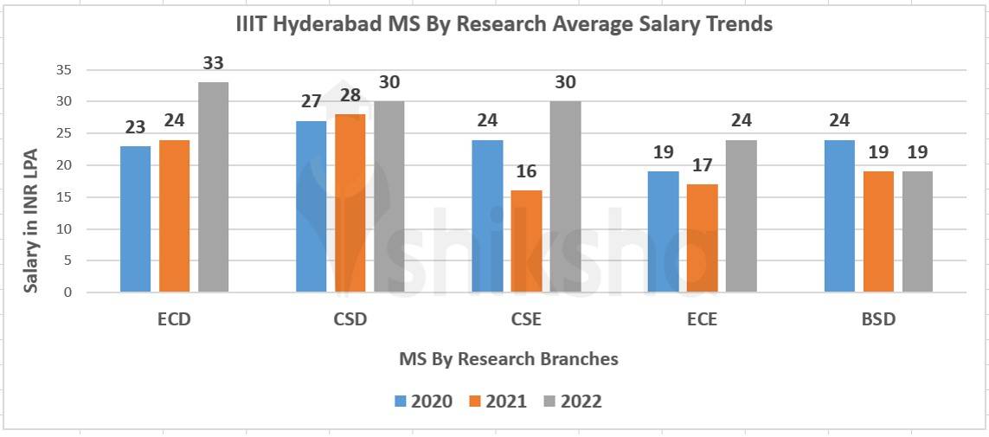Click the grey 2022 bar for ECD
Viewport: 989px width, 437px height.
pos(213,187)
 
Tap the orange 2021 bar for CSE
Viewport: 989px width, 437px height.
pos(526,241)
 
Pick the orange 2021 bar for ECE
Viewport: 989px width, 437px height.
pos(702,238)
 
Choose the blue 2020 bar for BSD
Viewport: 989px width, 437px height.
pos(839,215)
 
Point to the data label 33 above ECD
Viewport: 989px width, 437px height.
pos(213,63)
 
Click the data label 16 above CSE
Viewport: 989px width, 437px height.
pos(526,171)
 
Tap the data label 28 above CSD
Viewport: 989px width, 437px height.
pos(350,95)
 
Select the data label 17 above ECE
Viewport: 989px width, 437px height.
pos(702,165)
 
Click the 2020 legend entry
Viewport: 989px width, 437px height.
pos(424,401)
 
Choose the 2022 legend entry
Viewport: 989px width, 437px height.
pos(572,401)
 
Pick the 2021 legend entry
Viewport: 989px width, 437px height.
pos(498,401)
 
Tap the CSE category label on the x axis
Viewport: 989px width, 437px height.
pos(526,318)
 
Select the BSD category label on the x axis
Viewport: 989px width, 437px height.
pos(878,318)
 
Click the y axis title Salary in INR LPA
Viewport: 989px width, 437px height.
pos(31,219)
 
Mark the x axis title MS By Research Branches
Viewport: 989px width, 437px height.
pos(509,358)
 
